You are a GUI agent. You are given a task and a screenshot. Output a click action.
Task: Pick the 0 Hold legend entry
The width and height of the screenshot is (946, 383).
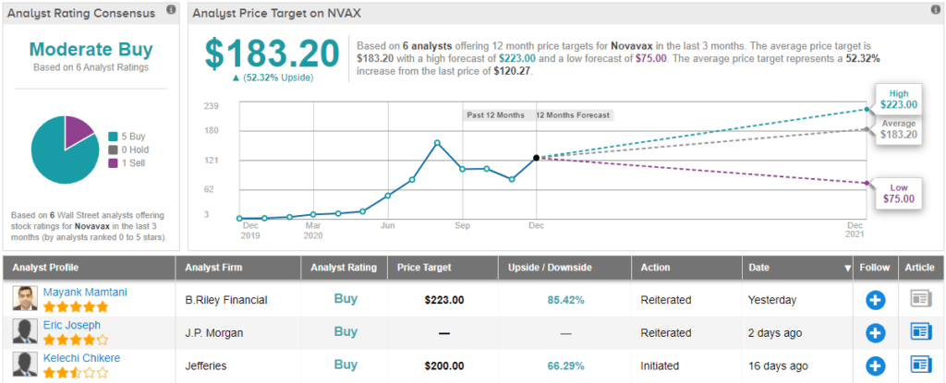click(x=131, y=149)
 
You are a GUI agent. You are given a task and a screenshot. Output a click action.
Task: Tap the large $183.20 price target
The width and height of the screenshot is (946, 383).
click(x=273, y=54)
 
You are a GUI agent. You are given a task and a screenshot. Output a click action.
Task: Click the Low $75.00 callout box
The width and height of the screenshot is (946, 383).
click(x=898, y=192)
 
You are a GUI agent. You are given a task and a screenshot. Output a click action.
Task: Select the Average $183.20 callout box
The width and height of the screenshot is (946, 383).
click(x=898, y=129)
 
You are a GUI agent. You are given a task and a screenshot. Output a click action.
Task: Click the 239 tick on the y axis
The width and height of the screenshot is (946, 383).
click(x=212, y=106)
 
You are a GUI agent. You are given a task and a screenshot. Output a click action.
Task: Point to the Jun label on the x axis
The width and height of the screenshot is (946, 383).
click(x=388, y=225)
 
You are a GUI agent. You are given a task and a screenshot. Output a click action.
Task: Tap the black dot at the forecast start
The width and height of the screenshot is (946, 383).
click(x=536, y=158)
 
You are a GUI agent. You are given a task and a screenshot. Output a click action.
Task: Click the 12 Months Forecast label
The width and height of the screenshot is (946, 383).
click(x=573, y=115)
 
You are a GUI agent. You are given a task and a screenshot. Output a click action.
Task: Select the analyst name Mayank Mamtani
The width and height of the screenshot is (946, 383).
click(x=84, y=293)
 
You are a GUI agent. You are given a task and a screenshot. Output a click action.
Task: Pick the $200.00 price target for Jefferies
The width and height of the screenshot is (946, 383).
click(x=443, y=365)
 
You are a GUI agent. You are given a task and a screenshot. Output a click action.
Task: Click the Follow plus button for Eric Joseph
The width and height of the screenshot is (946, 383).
click(x=876, y=332)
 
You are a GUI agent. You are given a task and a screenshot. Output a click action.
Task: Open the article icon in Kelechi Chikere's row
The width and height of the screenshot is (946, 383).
click(x=921, y=365)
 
